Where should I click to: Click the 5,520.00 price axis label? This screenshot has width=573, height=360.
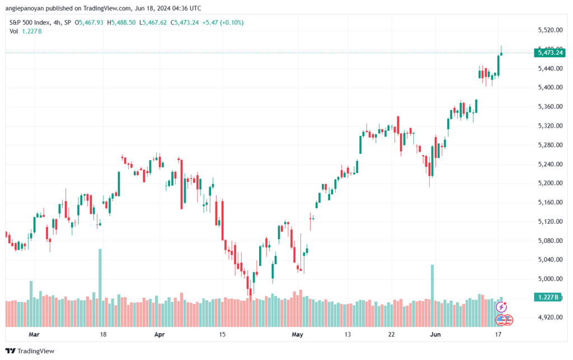[x=550, y=30]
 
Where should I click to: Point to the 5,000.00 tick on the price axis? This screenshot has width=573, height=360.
[x=550, y=279]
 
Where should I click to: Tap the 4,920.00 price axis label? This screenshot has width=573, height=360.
[x=550, y=317]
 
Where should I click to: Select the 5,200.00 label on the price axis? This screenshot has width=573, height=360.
[x=550, y=183]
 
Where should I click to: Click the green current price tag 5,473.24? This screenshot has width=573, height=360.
[x=549, y=53]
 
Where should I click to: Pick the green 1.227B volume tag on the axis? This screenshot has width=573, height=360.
[x=547, y=297]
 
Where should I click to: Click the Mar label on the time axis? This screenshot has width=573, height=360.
[x=34, y=334]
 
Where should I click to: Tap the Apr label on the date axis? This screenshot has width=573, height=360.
[x=159, y=334]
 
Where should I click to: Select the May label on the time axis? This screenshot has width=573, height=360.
[x=298, y=334]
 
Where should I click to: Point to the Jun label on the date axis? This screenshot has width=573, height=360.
[x=435, y=334]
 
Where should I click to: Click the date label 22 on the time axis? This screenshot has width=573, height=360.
[x=391, y=334]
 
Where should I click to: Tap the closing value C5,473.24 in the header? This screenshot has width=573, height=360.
[x=185, y=22]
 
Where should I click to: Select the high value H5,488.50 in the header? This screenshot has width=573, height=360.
[x=121, y=22]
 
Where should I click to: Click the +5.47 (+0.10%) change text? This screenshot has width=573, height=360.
[x=223, y=22]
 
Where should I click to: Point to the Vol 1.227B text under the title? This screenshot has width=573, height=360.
[x=26, y=31]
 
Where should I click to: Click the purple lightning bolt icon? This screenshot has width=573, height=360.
[x=501, y=307]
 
